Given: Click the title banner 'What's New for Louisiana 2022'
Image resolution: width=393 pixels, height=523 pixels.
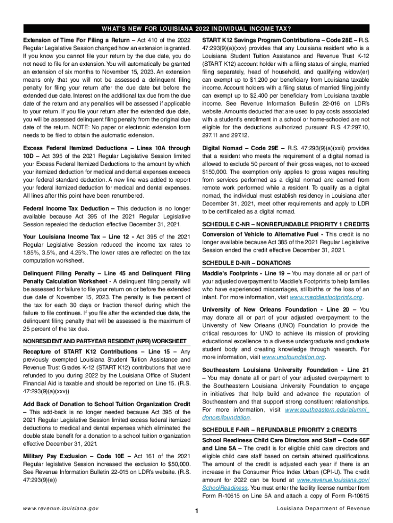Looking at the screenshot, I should pyautogui.click(x=196, y=28).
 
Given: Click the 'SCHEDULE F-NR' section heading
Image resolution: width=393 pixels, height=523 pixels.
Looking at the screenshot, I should pyautogui.click(x=280, y=430).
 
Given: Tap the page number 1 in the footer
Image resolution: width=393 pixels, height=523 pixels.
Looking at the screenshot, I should pyautogui.click(x=196, y=511).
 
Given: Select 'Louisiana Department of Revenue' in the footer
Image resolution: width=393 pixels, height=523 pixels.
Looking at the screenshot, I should pyautogui.click(x=323, y=509).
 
